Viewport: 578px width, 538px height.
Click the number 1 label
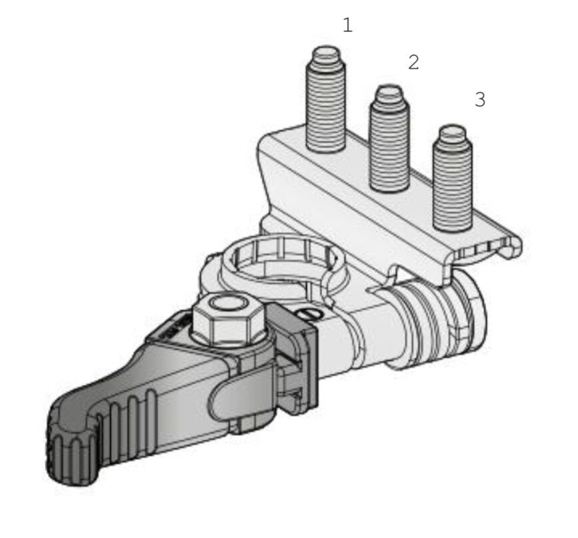pos(347,25)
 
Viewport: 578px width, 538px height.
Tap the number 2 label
pos(413,62)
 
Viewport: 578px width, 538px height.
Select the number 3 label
pos(479,99)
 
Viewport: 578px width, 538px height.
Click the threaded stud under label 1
pos(326,99)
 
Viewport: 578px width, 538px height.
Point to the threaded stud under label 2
pos(389,138)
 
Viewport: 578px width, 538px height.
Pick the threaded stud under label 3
pos(453,179)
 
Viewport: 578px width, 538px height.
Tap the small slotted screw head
pos(309,315)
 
